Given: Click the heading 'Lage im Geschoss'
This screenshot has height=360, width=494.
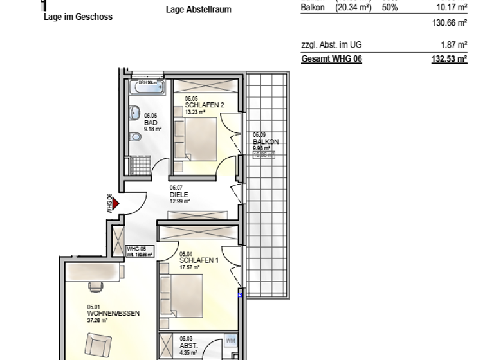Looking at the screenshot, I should click(x=77, y=17).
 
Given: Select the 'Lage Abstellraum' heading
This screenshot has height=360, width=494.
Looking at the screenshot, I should click(x=198, y=10).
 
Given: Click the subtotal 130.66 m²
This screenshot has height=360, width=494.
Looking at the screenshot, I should click(x=450, y=22).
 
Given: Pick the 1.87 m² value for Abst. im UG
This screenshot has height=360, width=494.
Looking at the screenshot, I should click(x=454, y=46).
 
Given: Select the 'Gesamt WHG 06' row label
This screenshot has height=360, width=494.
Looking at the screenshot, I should click(x=331, y=59).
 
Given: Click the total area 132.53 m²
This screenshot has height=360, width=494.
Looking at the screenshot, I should click(x=449, y=59).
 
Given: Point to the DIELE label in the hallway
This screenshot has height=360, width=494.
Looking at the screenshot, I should click(x=179, y=194).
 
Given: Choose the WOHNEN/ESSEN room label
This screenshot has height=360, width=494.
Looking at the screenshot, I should click(x=113, y=313).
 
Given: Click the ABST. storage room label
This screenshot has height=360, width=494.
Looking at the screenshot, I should click(x=188, y=344).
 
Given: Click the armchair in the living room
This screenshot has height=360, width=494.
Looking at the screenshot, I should click(x=98, y=345).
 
